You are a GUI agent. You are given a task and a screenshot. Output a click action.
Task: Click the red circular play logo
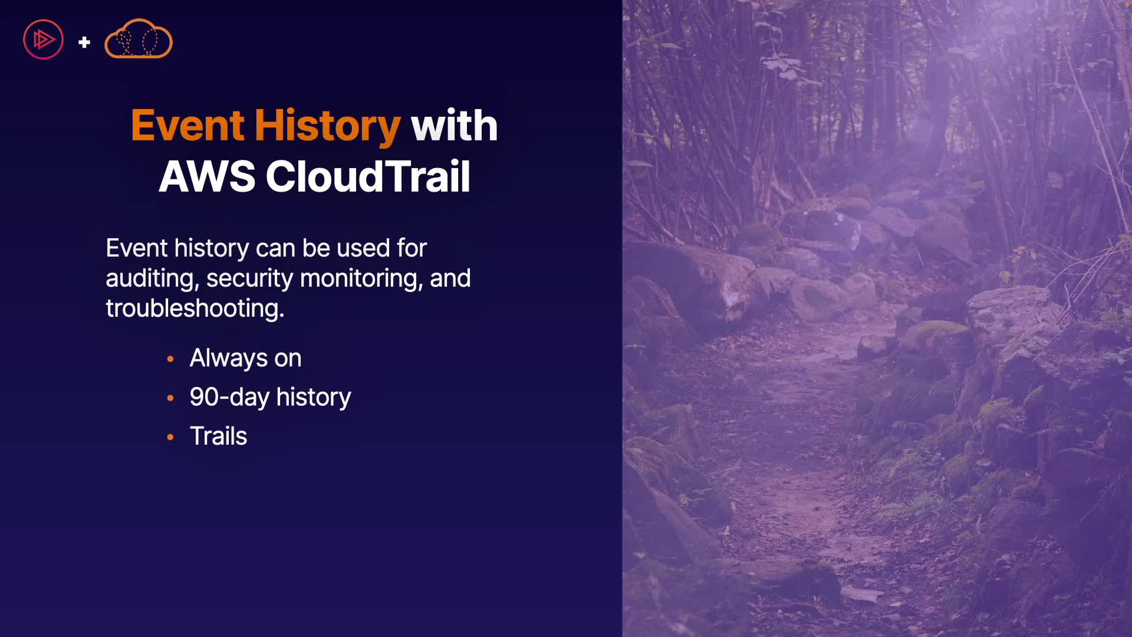(x=43, y=40)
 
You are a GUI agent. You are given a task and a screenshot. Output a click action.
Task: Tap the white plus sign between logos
(x=84, y=42)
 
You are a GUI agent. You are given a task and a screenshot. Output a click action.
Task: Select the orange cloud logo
(x=139, y=39)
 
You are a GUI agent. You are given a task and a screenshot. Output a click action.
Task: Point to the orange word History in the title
(x=327, y=126)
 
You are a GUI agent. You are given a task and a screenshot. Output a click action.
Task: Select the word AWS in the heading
(x=207, y=176)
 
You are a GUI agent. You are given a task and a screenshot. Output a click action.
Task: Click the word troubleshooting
(x=195, y=308)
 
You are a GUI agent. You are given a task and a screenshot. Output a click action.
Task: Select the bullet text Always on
(x=245, y=358)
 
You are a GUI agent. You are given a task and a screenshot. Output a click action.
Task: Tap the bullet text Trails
(x=218, y=436)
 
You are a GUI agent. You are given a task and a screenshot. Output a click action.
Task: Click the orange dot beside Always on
(x=170, y=359)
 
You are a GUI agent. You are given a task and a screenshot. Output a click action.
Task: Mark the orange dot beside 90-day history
(x=170, y=398)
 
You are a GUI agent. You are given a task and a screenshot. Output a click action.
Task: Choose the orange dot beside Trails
(x=170, y=437)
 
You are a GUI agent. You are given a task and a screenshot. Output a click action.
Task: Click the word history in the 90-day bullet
(x=314, y=398)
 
